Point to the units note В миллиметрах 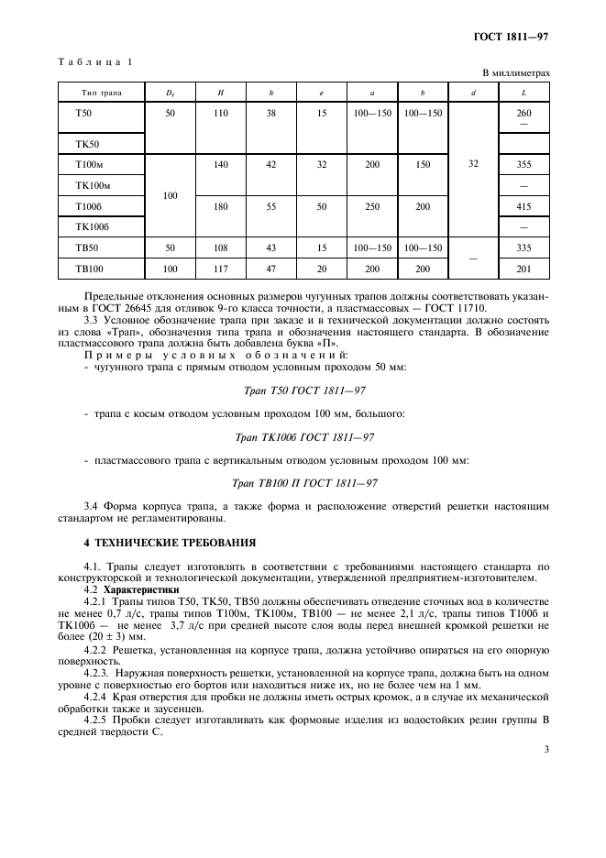pyautogui.click(x=516, y=72)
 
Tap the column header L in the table pyautogui.click(x=523, y=93)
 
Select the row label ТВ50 pyautogui.click(x=85, y=248)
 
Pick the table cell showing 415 pyautogui.click(x=523, y=207)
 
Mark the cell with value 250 pyautogui.click(x=372, y=207)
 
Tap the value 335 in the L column pyautogui.click(x=523, y=248)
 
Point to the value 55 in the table pyautogui.click(x=270, y=207)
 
